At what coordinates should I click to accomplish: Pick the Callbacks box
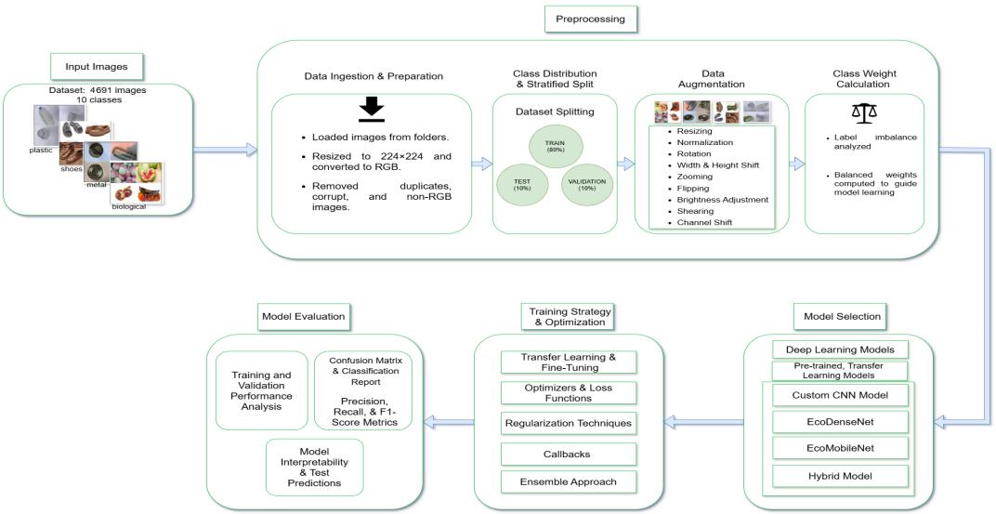[x=569, y=454]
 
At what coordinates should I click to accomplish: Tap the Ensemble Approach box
[x=569, y=481]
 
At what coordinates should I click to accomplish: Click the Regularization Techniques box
[x=569, y=423]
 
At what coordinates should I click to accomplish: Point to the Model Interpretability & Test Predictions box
[x=313, y=467]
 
